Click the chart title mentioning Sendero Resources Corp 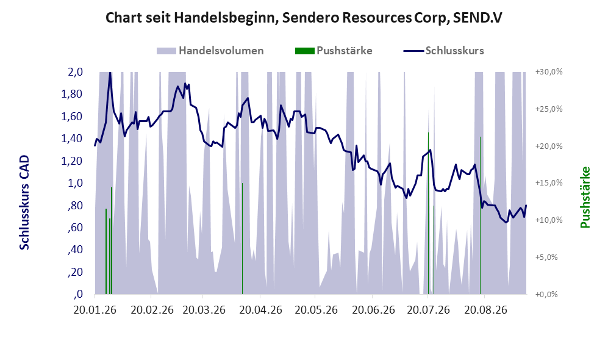[x=304, y=18]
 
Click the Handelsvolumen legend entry [x=210, y=51]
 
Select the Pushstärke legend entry [x=334, y=51]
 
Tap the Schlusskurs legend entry [x=443, y=51]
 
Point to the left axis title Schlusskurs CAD [x=24, y=203]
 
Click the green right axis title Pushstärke [x=585, y=198]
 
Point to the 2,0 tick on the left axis [x=75, y=72]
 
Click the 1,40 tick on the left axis [x=72, y=139]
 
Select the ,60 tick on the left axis [x=75, y=228]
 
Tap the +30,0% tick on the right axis [x=549, y=72]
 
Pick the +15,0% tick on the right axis [x=549, y=182]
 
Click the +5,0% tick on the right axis [x=546, y=257]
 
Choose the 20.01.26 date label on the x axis [x=95, y=310]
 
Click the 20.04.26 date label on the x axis [x=260, y=310]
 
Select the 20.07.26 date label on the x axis [x=429, y=310]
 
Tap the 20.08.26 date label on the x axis [x=485, y=310]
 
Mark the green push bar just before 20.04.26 [x=242, y=239]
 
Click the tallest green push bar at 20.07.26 [x=429, y=214]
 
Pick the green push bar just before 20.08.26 [x=480, y=215]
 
